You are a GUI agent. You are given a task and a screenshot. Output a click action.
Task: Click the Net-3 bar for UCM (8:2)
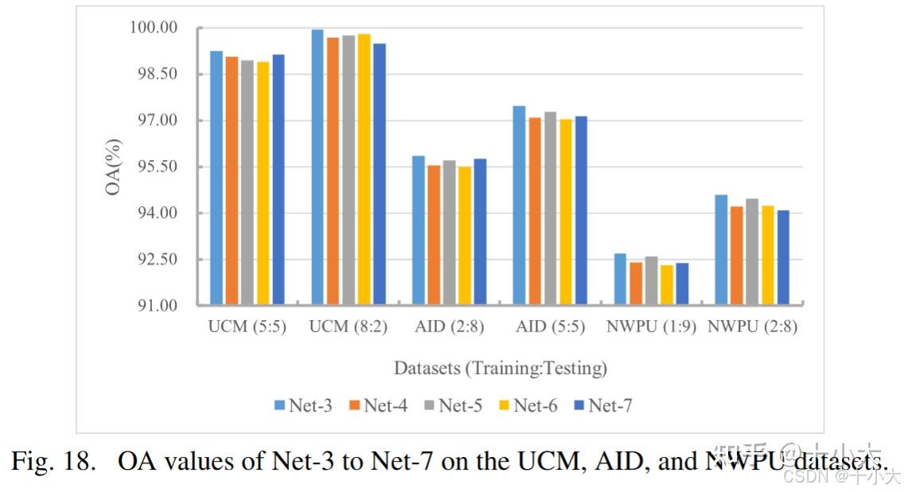[317, 166]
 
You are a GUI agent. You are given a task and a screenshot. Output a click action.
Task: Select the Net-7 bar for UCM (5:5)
[279, 179]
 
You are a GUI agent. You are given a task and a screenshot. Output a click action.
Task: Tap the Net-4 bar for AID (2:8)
[434, 234]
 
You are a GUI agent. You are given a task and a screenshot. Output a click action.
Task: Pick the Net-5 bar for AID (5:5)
[550, 208]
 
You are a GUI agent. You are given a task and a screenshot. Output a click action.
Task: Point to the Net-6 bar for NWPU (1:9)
[667, 284]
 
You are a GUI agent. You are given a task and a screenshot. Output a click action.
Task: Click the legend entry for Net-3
[303, 405]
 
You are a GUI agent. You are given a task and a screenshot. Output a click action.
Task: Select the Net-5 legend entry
[453, 405]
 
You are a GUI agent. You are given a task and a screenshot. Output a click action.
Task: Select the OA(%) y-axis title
[115, 167]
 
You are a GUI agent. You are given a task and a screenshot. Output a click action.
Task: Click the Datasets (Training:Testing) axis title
[500, 369]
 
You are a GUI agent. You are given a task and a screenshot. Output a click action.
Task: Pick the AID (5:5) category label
[550, 326]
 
